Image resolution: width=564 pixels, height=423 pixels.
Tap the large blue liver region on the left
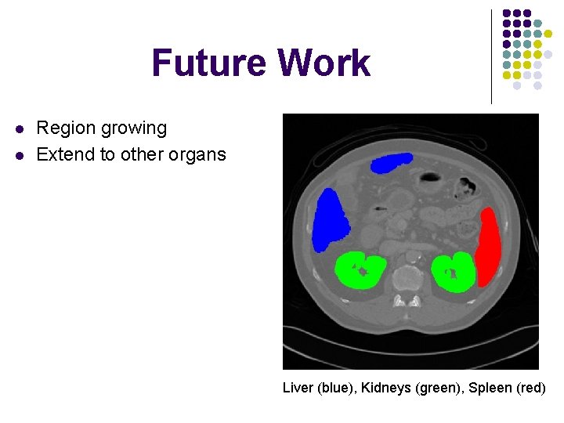coord(330,220)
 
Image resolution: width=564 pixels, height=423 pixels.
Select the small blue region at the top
coord(392,163)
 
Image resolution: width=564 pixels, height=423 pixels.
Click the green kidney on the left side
coord(360,271)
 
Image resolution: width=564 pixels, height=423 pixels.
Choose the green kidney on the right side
coord(453,273)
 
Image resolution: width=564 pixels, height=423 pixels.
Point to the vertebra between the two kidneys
coord(407,278)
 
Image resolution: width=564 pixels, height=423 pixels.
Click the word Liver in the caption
coord(297,388)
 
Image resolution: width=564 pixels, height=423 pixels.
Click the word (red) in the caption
coord(529,388)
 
